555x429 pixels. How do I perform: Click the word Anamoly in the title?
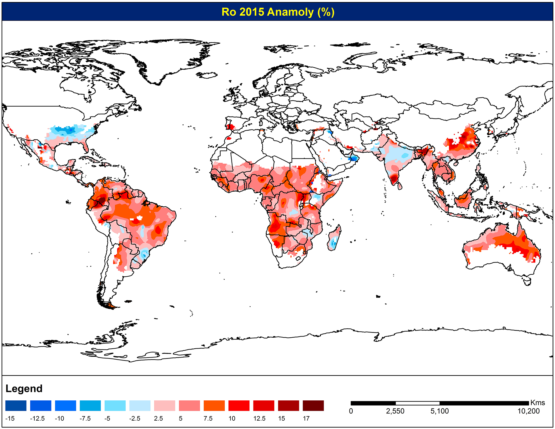[290, 12]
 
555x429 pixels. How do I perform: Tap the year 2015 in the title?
[251, 12]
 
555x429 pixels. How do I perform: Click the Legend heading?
[24, 389]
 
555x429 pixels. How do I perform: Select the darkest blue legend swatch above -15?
[16, 406]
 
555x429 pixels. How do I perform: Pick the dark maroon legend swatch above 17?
[313, 406]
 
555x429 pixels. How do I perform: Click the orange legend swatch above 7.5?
[214, 406]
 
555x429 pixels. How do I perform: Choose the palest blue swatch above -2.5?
[140, 406]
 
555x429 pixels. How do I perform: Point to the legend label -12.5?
[37, 419]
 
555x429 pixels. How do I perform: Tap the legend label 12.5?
[259, 419]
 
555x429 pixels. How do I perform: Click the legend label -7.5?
[85, 419]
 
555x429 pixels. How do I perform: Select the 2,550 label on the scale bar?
[395, 411]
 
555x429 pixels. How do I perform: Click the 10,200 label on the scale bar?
[528, 411]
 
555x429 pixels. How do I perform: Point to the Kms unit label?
[538, 403]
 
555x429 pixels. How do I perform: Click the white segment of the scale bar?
[417, 403]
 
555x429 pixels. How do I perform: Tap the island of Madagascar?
[334, 238]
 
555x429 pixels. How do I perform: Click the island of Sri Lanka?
[399, 185]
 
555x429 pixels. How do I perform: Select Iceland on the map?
[207, 75]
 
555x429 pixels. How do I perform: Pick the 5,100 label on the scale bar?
[440, 411]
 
